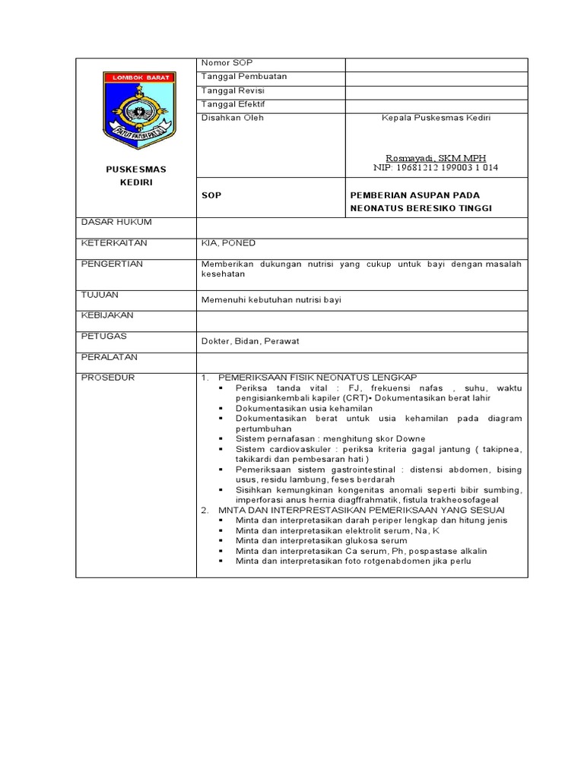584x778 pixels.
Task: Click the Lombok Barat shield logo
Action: pyautogui.click(x=139, y=109)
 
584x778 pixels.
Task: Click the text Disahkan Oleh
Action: pyautogui.click(x=232, y=118)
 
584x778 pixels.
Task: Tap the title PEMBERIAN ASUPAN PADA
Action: pyautogui.click(x=414, y=195)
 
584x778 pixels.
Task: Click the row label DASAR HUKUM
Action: pyautogui.click(x=116, y=222)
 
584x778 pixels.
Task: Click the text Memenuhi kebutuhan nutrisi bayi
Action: pyautogui.click(x=271, y=300)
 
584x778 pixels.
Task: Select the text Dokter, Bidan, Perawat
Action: pyautogui.click(x=250, y=341)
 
